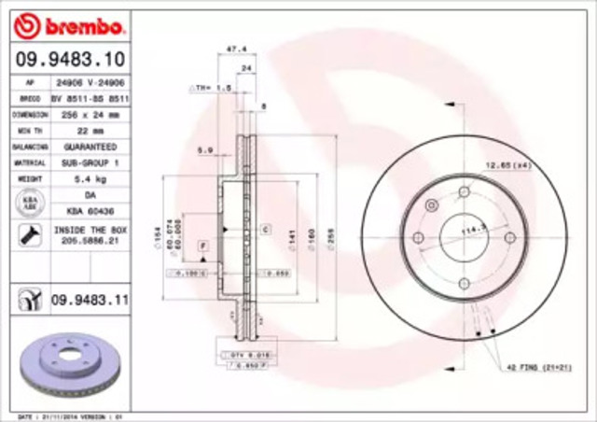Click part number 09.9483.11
click(x=90, y=299)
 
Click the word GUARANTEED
click(x=90, y=147)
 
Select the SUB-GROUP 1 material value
click(x=90, y=162)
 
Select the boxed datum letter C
click(x=265, y=228)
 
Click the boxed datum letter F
click(x=201, y=244)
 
